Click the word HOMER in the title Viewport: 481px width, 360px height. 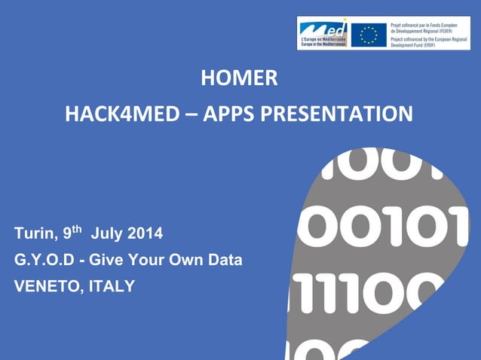(239, 78)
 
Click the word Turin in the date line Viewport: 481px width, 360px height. (32, 234)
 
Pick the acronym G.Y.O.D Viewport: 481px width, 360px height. (45, 261)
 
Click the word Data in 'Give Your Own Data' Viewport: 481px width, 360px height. (225, 261)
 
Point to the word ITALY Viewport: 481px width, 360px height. (112, 286)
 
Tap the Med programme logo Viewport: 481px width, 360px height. (323, 34)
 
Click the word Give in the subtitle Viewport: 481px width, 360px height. (106, 261)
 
